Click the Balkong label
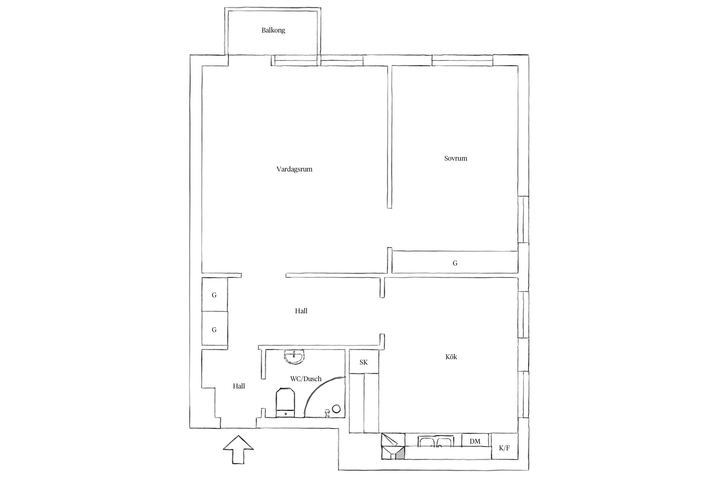click(273, 31)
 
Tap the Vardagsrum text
click(294, 169)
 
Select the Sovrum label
click(455, 158)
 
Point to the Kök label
click(451, 357)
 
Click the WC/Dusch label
click(306, 379)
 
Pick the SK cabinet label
click(363, 362)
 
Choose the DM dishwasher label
click(475, 441)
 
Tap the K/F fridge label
click(504, 448)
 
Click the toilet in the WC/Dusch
click(285, 402)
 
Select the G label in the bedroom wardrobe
click(455, 263)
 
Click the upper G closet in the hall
click(214, 295)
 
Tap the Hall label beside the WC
click(239, 386)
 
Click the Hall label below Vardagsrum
click(301, 311)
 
